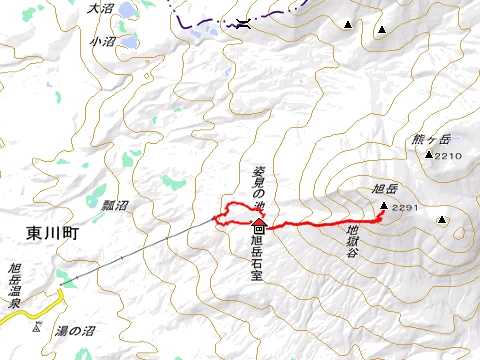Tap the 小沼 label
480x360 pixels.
[x=101, y=42]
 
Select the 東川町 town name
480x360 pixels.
[x=49, y=232]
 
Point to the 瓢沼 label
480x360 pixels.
[x=115, y=205]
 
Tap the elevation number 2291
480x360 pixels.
[x=406, y=208]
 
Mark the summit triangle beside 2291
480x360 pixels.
[x=384, y=207]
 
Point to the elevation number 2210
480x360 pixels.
[x=448, y=156]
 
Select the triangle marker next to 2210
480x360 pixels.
[x=428, y=155]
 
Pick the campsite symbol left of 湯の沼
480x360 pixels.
[x=37, y=327]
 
